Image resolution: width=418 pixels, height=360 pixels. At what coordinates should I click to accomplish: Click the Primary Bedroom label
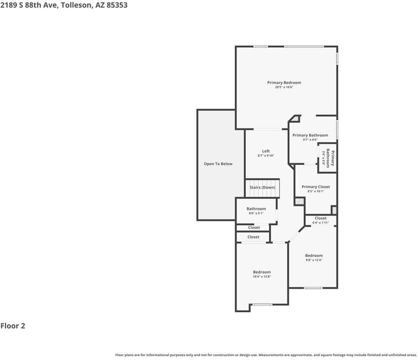click(x=284, y=82)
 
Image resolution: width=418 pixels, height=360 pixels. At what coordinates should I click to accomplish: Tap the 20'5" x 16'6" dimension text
click(x=284, y=87)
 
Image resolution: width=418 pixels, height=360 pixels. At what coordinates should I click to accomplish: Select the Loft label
click(x=266, y=151)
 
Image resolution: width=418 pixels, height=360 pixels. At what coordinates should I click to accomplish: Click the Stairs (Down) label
click(x=262, y=187)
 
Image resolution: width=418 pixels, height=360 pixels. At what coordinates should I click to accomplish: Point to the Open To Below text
click(x=218, y=164)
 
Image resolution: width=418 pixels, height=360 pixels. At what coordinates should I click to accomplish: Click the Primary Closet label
click(x=316, y=187)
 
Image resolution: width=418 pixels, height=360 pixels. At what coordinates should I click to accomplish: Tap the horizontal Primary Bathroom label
click(x=310, y=135)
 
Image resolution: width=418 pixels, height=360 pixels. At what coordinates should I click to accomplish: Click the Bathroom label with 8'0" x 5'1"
click(x=256, y=209)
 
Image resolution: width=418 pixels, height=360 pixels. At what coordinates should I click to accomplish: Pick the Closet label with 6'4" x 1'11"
click(x=321, y=218)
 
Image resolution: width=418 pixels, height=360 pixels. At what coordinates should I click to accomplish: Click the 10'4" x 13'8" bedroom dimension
click(x=262, y=277)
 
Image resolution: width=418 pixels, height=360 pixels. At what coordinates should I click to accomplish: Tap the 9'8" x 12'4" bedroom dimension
click(x=314, y=260)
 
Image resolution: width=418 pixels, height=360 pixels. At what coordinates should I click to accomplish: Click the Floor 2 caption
click(x=13, y=326)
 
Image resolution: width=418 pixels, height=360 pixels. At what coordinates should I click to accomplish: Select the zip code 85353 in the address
click(x=116, y=4)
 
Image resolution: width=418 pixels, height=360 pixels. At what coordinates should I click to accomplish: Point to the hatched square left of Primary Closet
click(x=299, y=202)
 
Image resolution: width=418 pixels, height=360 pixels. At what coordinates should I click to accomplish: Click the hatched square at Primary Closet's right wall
click(x=334, y=210)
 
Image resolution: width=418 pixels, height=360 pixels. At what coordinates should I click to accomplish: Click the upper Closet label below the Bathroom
click(x=254, y=228)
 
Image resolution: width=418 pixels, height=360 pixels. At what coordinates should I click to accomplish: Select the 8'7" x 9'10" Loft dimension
click(x=266, y=156)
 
